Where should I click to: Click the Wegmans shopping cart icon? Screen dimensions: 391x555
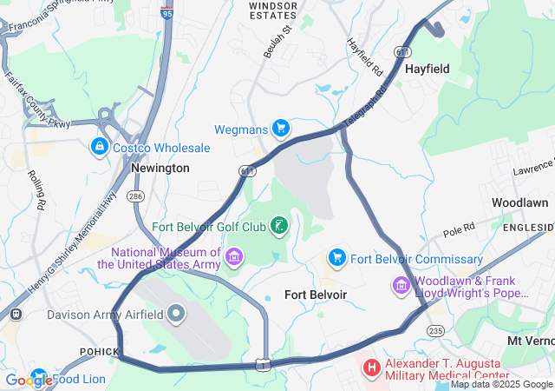tap(280, 129)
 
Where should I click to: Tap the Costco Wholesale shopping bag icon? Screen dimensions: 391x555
tap(100, 148)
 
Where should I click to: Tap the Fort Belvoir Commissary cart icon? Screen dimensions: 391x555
tap(336, 258)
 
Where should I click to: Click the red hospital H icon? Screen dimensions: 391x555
tap(372, 368)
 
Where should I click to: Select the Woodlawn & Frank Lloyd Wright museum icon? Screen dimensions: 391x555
tap(402, 286)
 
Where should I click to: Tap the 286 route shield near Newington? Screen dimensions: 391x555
tap(135, 197)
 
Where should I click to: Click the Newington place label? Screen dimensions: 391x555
tap(160, 168)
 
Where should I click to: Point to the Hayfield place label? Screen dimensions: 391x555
tap(428, 68)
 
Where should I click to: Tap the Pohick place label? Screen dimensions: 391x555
tap(96, 350)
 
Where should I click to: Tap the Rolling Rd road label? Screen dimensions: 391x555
tap(37, 190)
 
